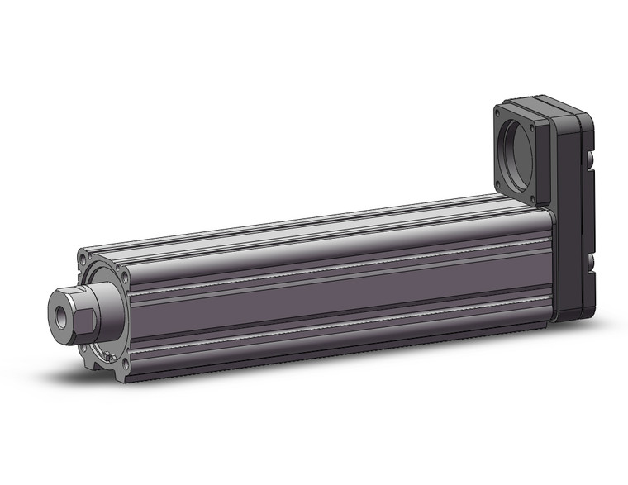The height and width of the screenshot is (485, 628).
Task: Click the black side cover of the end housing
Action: coord(574,215)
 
